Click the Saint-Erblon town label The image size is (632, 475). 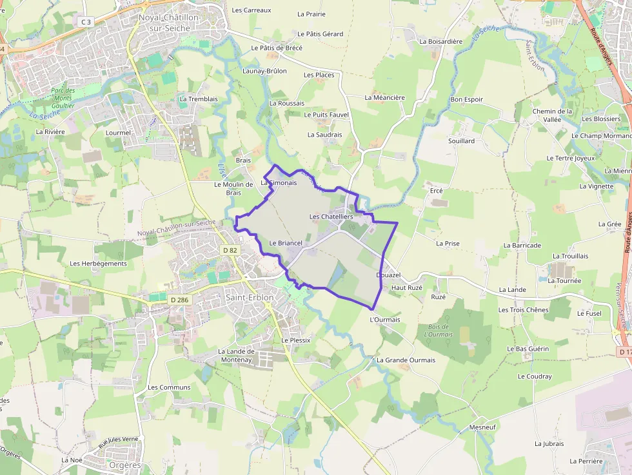250,298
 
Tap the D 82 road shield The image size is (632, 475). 230,249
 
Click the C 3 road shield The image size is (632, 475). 85,22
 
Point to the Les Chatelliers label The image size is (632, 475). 331,217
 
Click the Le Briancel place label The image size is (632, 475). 286,243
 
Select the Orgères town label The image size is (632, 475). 117,465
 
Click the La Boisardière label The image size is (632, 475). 440,41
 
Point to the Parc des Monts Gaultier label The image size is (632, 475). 63,98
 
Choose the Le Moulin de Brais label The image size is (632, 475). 233,188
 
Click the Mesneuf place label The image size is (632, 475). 482,427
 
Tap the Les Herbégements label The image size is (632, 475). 98,264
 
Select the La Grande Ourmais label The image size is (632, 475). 406,360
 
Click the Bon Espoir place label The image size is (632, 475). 466,99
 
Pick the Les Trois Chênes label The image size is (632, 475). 523,310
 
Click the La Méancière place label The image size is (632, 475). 384,98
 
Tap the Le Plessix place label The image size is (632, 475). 295,340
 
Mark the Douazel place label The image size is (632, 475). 388,275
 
